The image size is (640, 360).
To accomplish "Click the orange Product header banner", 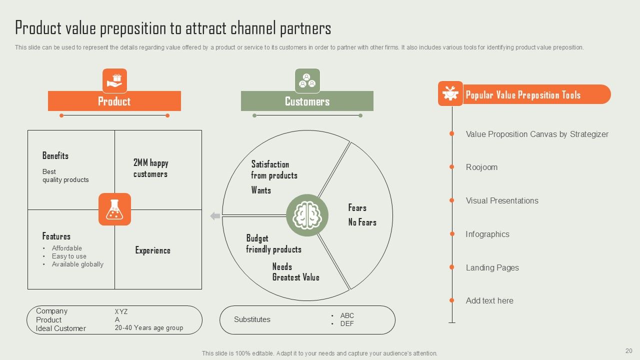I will (114, 101).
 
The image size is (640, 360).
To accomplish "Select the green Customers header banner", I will (307, 101).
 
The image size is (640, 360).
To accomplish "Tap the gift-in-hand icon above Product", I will (115, 80).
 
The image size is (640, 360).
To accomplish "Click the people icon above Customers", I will (307, 80).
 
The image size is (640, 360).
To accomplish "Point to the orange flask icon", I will (114, 209).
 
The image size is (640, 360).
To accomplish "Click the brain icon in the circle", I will (307, 215).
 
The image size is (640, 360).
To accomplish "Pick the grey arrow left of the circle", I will (215, 216).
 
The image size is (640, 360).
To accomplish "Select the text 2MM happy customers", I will (150, 168).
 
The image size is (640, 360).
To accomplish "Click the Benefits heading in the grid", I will (55, 156).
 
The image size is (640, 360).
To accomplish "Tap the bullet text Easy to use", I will (69, 256).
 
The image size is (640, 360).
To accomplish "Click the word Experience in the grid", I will (152, 250).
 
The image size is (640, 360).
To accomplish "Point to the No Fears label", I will (362, 222).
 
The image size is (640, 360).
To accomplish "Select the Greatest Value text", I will (295, 277).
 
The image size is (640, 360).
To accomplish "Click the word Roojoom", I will (481, 167).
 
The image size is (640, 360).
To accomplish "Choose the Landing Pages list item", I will (492, 267).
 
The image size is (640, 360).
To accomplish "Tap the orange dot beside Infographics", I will (452, 234).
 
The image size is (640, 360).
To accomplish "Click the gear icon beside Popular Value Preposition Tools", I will (450, 94).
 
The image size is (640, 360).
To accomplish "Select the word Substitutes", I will (252, 319).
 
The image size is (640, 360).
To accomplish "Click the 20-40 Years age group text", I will (149, 328).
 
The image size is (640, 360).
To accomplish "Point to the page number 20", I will (628, 351).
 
